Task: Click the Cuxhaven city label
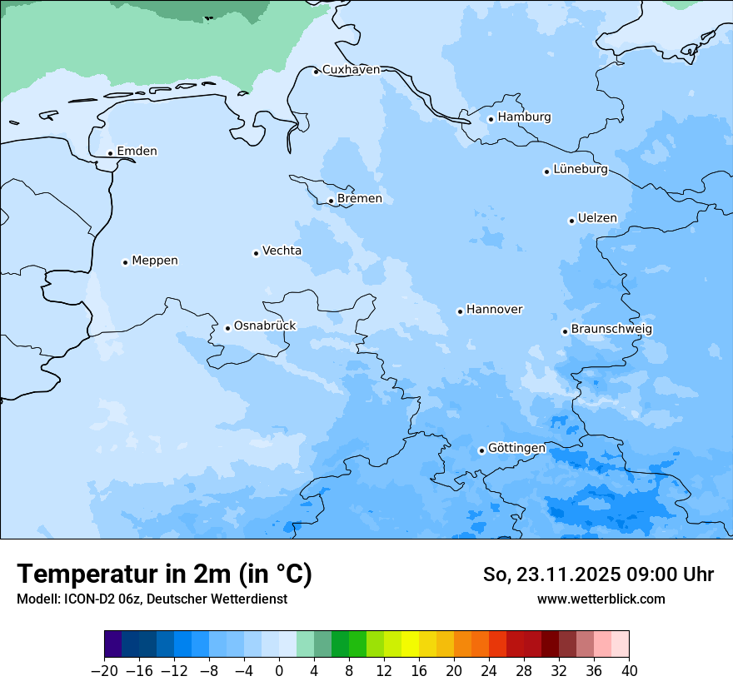tap(351, 70)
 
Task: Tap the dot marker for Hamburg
tap(491, 119)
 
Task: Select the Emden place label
tap(137, 152)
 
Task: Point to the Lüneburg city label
tap(580, 170)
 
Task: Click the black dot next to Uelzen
tap(571, 221)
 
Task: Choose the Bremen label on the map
tap(359, 199)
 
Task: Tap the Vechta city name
tap(282, 251)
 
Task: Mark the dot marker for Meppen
tap(125, 262)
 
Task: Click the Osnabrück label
tap(265, 326)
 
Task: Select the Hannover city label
tap(494, 310)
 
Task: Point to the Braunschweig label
tap(611, 330)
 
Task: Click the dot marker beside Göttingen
tap(481, 450)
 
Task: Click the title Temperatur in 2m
tap(164, 574)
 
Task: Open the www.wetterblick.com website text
tap(601, 599)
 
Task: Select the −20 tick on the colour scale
tap(105, 670)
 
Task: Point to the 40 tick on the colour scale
tap(629, 670)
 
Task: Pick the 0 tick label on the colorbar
tap(279, 670)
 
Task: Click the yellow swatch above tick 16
tap(410, 644)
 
